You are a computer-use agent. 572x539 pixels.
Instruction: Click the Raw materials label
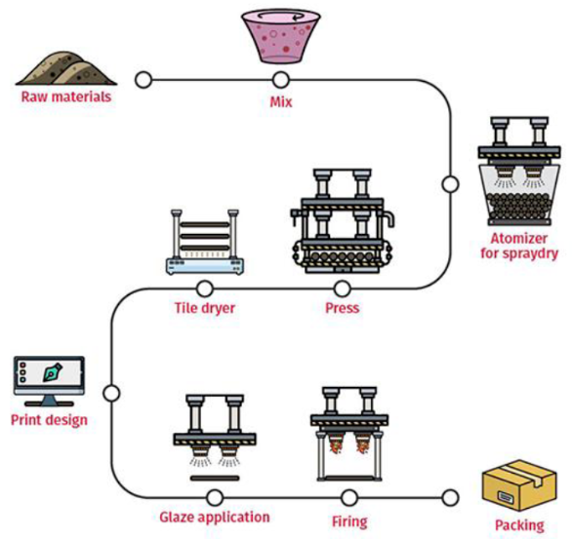tap(66, 96)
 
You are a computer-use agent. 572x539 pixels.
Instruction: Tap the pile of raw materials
tap(66, 68)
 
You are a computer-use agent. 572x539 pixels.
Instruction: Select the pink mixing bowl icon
tap(281, 37)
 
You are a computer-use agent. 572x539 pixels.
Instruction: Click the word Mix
tap(281, 102)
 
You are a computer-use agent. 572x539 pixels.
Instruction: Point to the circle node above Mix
tap(281, 80)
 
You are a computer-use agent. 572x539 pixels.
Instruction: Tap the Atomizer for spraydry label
tap(519, 246)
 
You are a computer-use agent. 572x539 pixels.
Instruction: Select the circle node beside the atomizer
tap(451, 184)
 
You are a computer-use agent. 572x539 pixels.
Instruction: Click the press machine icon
tap(343, 221)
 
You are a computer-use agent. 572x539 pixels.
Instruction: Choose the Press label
tap(343, 308)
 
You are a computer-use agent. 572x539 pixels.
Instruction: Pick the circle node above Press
tap(343, 289)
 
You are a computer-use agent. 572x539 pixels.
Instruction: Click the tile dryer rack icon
tap(205, 242)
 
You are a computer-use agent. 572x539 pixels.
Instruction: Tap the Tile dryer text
tap(205, 308)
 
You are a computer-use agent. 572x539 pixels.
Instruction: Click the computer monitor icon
tap(49, 381)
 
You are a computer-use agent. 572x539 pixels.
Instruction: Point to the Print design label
tap(49, 420)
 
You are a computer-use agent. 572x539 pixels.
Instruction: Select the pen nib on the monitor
tap(52, 372)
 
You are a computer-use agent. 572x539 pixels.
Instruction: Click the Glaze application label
tap(215, 518)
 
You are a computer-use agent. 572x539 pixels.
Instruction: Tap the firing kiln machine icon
tap(349, 434)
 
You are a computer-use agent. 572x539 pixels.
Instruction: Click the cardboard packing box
tap(519, 485)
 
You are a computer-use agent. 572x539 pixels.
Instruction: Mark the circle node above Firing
tap(349, 497)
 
